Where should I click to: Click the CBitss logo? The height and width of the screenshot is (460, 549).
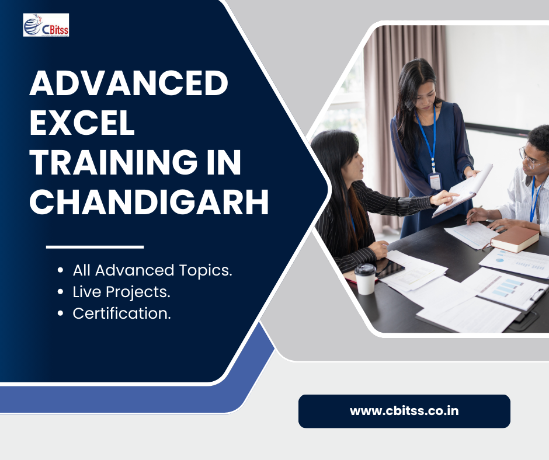click(x=46, y=25)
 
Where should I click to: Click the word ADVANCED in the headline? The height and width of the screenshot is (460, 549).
click(x=129, y=83)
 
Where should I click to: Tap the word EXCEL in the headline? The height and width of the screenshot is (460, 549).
click(x=82, y=122)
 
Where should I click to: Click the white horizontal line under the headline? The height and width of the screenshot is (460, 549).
click(x=95, y=247)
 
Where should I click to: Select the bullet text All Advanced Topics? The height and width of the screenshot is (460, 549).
click(x=152, y=270)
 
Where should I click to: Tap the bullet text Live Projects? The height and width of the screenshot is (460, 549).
click(x=121, y=292)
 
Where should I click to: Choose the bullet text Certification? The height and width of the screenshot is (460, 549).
click(x=121, y=313)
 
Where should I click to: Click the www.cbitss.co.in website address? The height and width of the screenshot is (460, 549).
click(x=404, y=410)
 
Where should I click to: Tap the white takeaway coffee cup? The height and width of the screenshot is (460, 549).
click(x=365, y=279)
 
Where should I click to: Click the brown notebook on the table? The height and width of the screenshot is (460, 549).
click(x=515, y=239)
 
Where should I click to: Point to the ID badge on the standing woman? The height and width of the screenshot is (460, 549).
click(x=435, y=180)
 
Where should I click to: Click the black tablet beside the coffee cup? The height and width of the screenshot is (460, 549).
click(x=390, y=267)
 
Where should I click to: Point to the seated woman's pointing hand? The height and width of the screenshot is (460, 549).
click(x=444, y=198)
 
